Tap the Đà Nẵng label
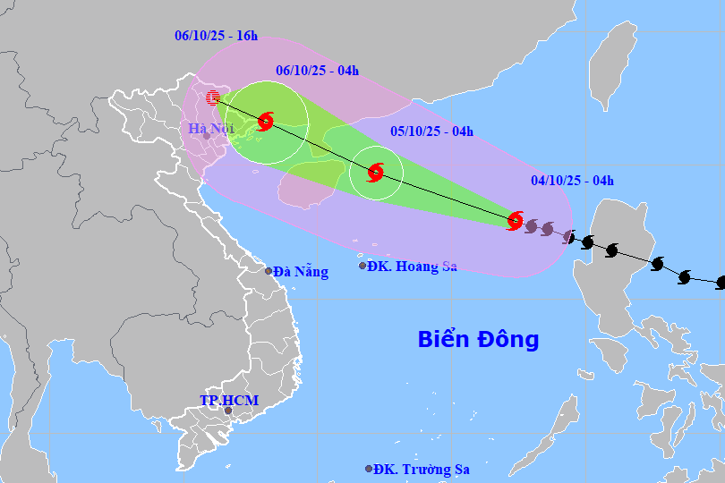pyautogui.click(x=301, y=272)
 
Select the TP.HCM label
pyautogui.click(x=229, y=401)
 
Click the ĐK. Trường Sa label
pyautogui.click(x=422, y=469)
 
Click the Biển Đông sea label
pyautogui.click(x=479, y=340)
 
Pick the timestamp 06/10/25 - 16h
pyautogui.click(x=216, y=36)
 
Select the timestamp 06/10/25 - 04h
pyautogui.click(x=317, y=69)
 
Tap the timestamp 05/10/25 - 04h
pyautogui.click(x=432, y=131)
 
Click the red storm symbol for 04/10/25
pyautogui.click(x=515, y=220)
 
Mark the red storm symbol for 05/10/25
pyautogui.click(x=376, y=173)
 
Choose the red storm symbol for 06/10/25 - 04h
pyautogui.click(x=266, y=121)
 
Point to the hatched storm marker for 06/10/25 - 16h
pyautogui.click(x=213, y=97)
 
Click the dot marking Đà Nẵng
pyautogui.click(x=268, y=271)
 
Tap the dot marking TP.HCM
pyautogui.click(x=227, y=412)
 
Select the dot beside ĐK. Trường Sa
pyautogui.click(x=369, y=469)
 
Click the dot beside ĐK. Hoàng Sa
pyautogui.click(x=362, y=266)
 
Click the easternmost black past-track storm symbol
pyautogui.click(x=721, y=283)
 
